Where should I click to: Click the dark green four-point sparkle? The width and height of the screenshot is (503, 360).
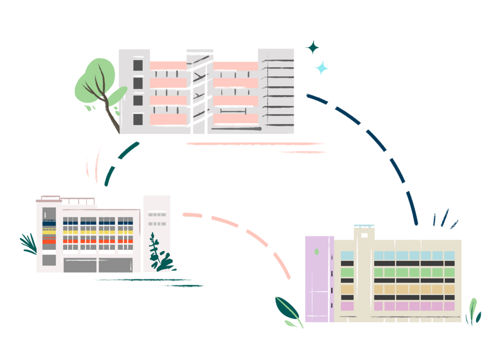click(x=312, y=48)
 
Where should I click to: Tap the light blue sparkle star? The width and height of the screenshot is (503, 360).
click(x=321, y=68)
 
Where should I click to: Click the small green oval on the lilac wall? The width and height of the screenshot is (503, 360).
click(x=316, y=251)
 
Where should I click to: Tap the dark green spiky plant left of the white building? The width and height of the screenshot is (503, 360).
click(x=28, y=243)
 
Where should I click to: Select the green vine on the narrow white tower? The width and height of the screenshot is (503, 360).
click(x=159, y=253)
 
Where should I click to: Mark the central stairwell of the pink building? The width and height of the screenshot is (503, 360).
click(x=199, y=91)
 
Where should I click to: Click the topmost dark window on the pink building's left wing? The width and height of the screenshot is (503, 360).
click(x=138, y=65)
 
